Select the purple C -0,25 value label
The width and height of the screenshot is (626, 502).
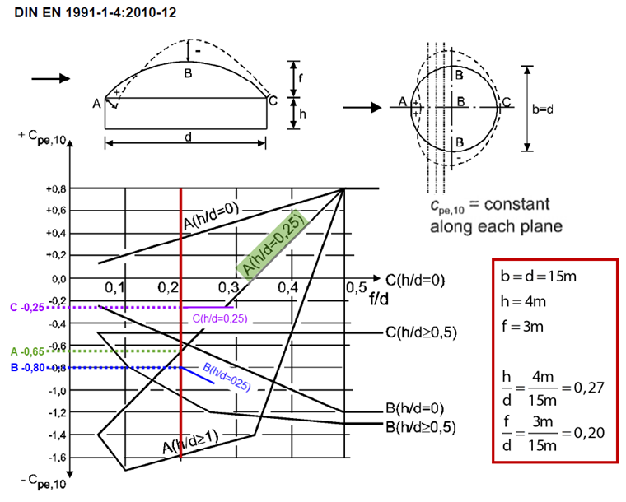[26, 307]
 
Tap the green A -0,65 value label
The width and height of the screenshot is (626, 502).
[26, 351]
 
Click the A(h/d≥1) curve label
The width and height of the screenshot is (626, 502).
[190, 445]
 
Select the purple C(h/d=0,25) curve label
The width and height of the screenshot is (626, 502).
[219, 318]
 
